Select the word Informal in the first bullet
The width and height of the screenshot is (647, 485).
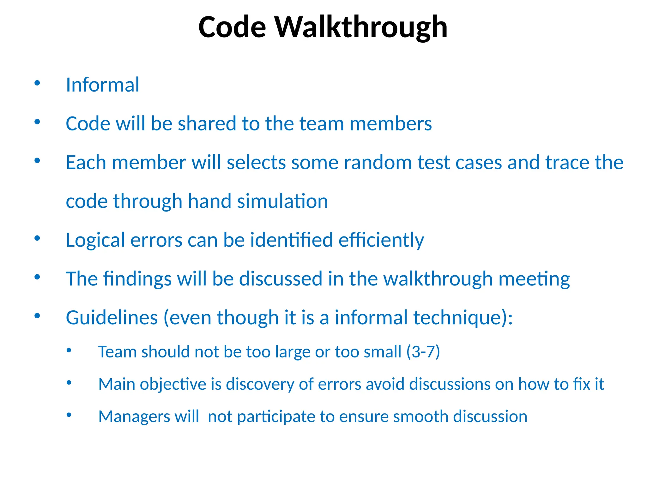[x=102, y=85]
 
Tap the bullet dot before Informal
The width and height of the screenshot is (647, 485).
[x=37, y=83]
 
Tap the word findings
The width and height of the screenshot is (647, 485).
[x=137, y=279]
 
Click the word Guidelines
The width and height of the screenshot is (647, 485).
[x=112, y=318]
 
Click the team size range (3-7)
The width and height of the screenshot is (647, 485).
[x=423, y=352]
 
